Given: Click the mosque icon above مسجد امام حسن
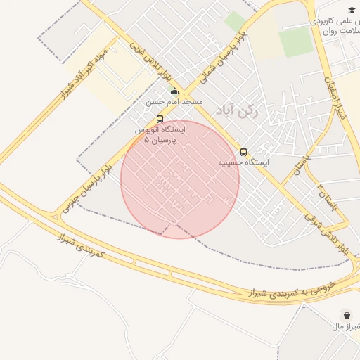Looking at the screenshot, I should click(x=174, y=91).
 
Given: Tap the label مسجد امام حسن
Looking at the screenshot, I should click(x=174, y=102).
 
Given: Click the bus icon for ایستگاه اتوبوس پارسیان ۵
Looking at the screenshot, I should click(x=160, y=120).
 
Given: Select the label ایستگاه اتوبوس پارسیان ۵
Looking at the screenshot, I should click(x=161, y=135).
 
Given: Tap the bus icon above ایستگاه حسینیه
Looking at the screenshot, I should click(x=243, y=152).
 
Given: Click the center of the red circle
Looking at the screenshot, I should click(x=180, y=179).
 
